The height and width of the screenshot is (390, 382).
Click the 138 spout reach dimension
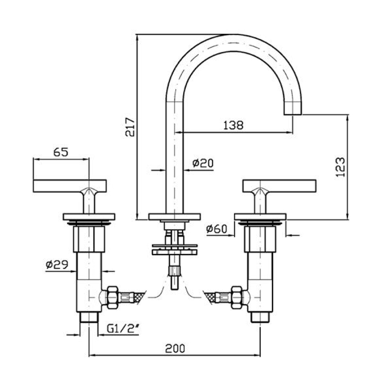pyautogui.click(x=233, y=125)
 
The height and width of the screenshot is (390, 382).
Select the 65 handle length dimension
pyautogui.click(x=61, y=152)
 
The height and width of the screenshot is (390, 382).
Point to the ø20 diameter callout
pyautogui.click(x=202, y=163)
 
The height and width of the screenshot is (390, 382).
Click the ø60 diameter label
pyautogui.click(x=217, y=228)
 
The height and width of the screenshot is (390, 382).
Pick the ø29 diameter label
pyautogui.click(x=56, y=264)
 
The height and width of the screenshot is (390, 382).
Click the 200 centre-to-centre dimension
pyautogui.click(x=175, y=348)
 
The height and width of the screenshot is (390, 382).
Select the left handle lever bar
pyautogui.click(x=69, y=185)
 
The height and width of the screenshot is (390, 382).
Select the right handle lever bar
pyautogui.click(x=279, y=185)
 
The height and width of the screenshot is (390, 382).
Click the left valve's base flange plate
pyautogui.click(x=89, y=216)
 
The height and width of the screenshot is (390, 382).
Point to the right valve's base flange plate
pyautogui.click(x=260, y=216)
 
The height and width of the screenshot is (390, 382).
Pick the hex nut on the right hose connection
pyautogui.click(x=237, y=297)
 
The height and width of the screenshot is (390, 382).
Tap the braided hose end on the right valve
pyautogui.click(x=216, y=297)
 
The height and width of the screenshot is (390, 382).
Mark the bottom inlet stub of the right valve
pyautogui.click(x=260, y=318)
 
